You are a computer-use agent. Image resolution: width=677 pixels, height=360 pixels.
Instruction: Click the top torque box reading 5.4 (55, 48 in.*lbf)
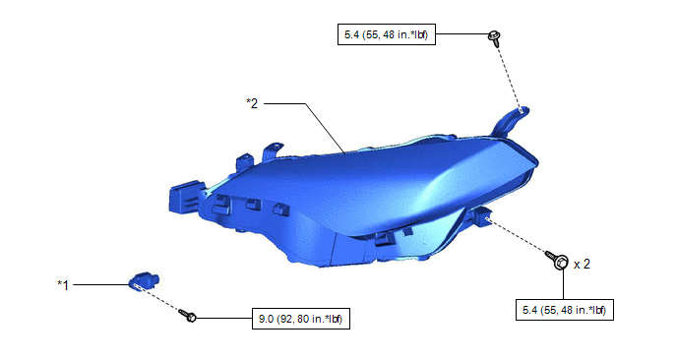coord(387,34)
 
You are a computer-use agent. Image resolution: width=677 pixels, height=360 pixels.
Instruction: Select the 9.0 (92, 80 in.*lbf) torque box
coord(301,319)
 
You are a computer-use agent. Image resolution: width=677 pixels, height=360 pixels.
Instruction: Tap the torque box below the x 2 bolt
coord(565,310)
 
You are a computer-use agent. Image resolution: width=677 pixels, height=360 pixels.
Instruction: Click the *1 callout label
coord(63,285)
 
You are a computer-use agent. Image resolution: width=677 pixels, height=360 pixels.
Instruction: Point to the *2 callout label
coord(252,103)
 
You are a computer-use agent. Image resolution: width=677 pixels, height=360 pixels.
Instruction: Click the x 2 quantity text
coord(582,265)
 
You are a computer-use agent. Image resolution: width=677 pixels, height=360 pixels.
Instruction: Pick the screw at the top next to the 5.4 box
coord(494,38)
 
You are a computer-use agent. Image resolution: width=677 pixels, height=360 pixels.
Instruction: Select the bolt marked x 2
coord(557,260)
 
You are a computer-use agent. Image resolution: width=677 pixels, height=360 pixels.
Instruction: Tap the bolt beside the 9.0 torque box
coord(188,315)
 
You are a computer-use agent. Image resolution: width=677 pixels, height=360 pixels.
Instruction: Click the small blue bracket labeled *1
coord(145,281)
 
